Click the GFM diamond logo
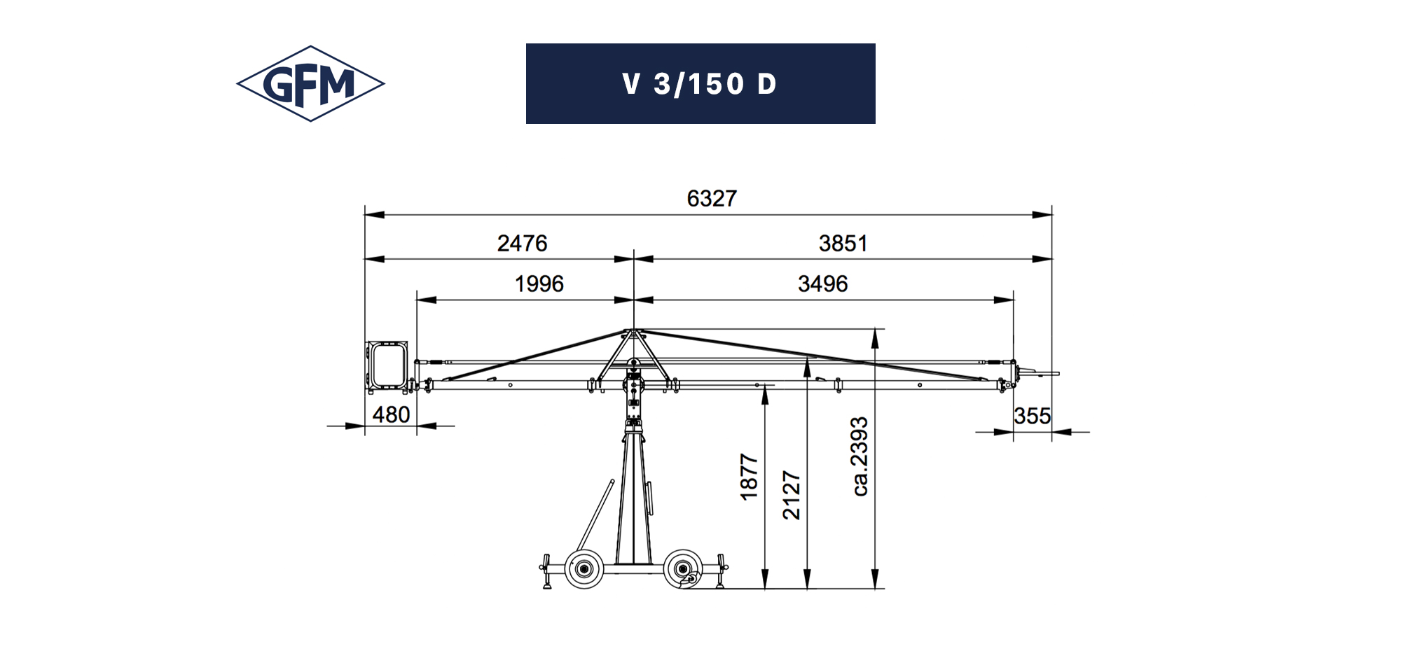310,84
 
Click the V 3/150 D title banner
700,84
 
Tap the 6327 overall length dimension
711,199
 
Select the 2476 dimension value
522,244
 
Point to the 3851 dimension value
843,244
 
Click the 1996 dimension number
539,284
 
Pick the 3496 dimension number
822,284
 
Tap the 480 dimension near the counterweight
391,415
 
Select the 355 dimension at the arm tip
1032,416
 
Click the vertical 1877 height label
750,477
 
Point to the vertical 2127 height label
792,495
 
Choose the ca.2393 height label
860,457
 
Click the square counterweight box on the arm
387,365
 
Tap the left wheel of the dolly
584,568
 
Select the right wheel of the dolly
682,568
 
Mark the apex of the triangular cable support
633,330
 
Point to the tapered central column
633,497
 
